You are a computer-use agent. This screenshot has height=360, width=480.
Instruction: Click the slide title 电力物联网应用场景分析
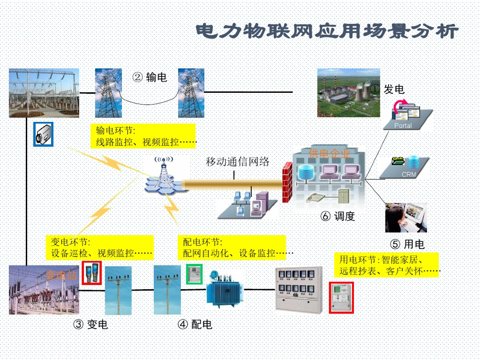pos(327,31)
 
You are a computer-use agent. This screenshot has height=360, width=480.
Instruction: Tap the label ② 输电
pos(150,77)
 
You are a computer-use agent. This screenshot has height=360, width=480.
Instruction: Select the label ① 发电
pos(387,89)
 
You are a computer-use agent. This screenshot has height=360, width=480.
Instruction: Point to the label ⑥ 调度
pos(337,216)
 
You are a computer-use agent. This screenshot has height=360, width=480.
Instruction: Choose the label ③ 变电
pos(91,324)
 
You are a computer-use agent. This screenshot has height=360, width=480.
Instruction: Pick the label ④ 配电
pos(195,324)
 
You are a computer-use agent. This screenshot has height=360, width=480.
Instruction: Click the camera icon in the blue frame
pos(44,134)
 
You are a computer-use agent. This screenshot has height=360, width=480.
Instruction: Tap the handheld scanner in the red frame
pos(91,273)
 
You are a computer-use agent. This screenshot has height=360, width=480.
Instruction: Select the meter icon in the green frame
pos(195,274)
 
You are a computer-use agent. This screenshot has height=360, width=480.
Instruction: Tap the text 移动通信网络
pos(238,162)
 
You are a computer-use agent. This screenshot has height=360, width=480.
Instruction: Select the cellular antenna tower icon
pos(164,176)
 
